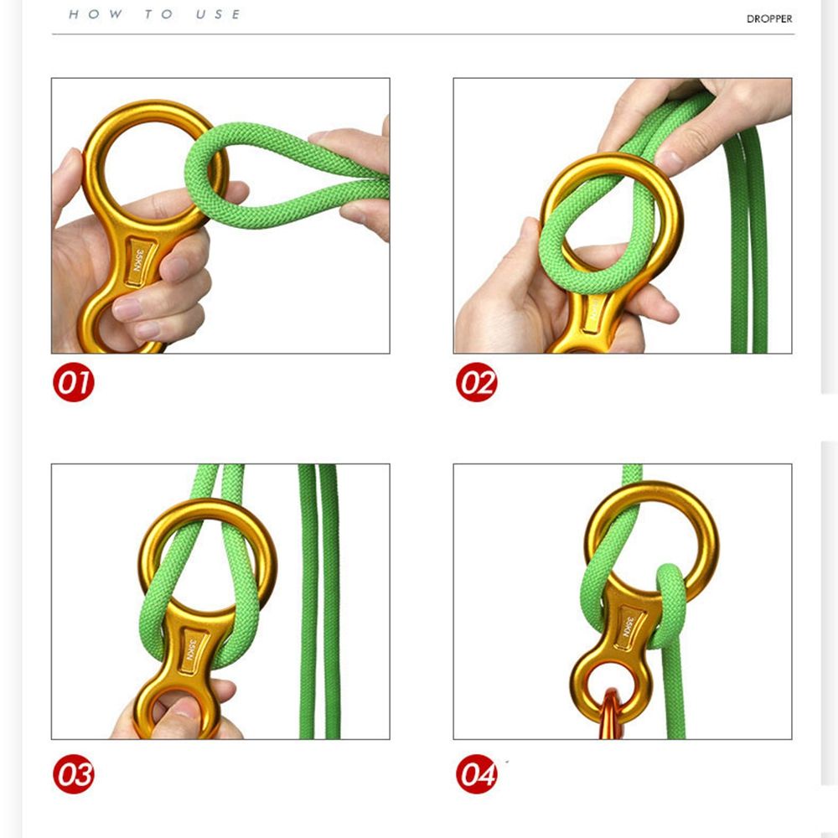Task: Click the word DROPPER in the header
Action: pyautogui.click(x=768, y=18)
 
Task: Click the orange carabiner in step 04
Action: pyautogui.click(x=611, y=716)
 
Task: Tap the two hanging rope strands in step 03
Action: pyautogui.click(x=318, y=603)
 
